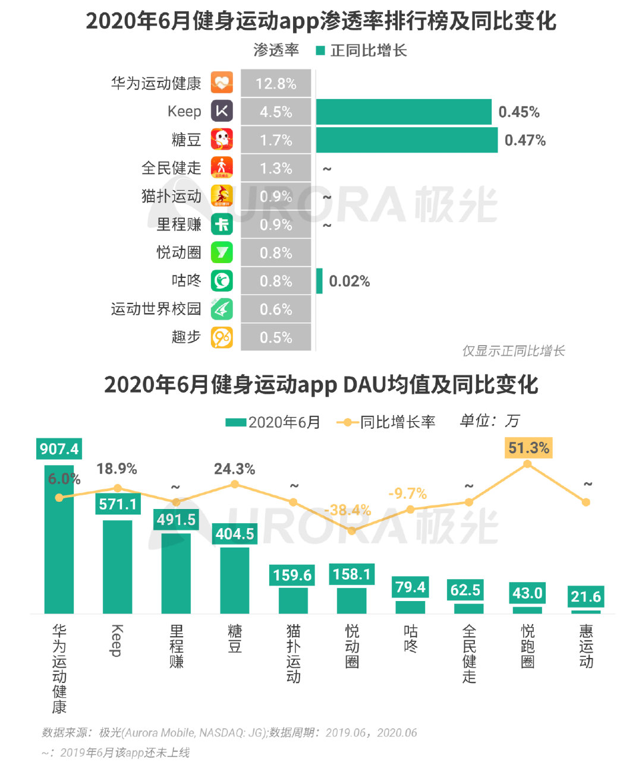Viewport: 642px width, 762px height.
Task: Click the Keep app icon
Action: pyautogui.click(x=222, y=111)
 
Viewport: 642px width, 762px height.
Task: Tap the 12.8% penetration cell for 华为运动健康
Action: pyautogui.click(x=276, y=83)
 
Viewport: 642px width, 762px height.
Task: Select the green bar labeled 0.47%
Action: pyautogui.click(x=407, y=140)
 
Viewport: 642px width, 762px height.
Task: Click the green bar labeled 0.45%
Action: pyautogui.click(x=404, y=112)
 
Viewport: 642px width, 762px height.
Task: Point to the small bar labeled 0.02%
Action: pyautogui.click(x=319, y=281)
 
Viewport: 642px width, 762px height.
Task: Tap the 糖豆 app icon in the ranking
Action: pyautogui.click(x=222, y=140)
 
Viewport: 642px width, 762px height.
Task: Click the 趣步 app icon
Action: pyautogui.click(x=222, y=337)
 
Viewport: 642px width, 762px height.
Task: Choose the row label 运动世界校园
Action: pyautogui.click(x=156, y=309)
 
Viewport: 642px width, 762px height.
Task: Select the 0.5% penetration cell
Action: pyautogui.click(x=276, y=337)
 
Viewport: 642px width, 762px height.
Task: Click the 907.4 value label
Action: pyautogui.click(x=59, y=448)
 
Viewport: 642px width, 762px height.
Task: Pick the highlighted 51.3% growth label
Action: pyautogui.click(x=528, y=448)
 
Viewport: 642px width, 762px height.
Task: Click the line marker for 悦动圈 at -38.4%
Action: pyautogui.click(x=352, y=530)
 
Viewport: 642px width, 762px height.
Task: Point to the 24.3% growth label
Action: pyautogui.click(x=234, y=469)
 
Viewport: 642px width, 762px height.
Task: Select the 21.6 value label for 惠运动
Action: pyautogui.click(x=586, y=596)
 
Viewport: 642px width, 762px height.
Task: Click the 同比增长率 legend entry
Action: pyautogui.click(x=386, y=422)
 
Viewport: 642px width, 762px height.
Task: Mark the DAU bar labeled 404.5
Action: pyautogui.click(x=235, y=580)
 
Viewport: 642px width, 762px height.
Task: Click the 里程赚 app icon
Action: pyautogui.click(x=222, y=225)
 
